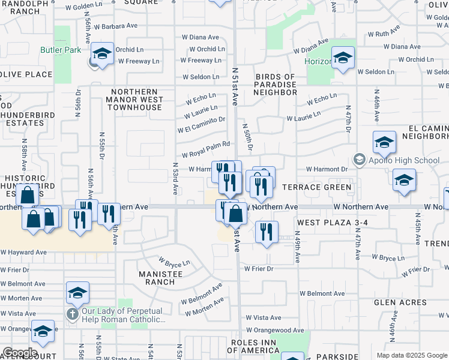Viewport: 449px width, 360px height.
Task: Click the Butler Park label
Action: pyautogui.click(x=61, y=50)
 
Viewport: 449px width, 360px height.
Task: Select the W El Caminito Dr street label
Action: pyautogui.click(x=201, y=125)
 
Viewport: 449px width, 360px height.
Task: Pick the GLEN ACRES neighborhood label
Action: pyautogui.click(x=401, y=303)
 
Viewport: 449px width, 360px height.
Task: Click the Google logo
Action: pyautogui.click(x=20, y=353)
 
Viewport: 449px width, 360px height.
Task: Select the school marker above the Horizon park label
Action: pyautogui.click(x=343, y=58)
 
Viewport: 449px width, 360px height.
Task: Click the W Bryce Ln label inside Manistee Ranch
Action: pyautogui.click(x=175, y=262)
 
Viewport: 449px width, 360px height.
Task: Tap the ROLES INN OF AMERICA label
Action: pyautogui.click(x=262, y=346)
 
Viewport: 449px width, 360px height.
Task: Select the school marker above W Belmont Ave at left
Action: pyautogui.click(x=77, y=293)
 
